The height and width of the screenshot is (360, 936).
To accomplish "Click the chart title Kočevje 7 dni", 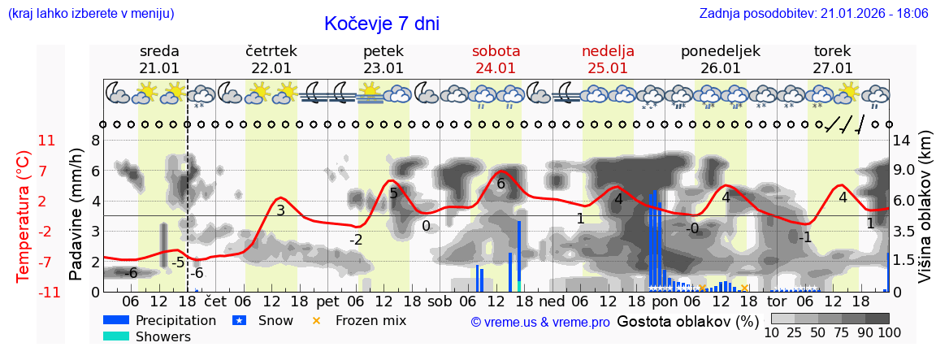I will coord(381,24).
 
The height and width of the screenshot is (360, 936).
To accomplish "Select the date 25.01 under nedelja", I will coord(608,68).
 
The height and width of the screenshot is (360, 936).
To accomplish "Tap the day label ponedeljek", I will coord(720,51).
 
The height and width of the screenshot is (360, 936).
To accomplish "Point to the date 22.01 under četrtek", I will coord(271,68).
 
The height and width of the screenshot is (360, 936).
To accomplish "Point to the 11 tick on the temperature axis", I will coord(46,141).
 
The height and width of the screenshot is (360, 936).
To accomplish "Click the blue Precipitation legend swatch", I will coord(115,320).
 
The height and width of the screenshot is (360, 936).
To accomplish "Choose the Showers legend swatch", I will coord(115,336).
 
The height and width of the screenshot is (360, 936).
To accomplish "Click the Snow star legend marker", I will coord(239,320).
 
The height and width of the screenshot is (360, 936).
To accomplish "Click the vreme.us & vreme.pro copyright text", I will coord(540,322).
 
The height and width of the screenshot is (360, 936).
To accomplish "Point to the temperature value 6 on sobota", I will coord(500,184).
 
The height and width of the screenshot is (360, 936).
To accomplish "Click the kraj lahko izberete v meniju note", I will coord(91,13).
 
